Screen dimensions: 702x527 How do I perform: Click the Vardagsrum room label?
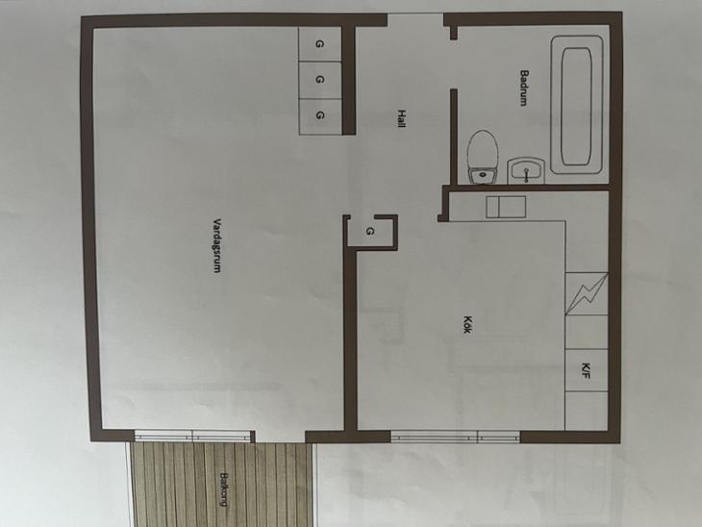[x=216, y=246]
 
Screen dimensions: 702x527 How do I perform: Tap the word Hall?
[x=402, y=118]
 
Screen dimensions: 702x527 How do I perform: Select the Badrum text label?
[x=524, y=88]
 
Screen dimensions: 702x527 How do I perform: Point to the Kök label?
[x=467, y=325]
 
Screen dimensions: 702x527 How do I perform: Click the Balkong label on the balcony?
[x=224, y=489]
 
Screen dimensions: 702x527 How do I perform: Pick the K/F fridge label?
[x=586, y=371]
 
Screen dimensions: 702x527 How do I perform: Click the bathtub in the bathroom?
[x=577, y=105]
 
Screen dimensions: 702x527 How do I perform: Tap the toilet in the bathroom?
[x=483, y=157]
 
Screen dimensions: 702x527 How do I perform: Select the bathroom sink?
[x=527, y=170]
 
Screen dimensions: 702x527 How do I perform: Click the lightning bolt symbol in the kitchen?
[x=587, y=293]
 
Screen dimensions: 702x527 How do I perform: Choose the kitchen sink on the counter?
[x=506, y=207]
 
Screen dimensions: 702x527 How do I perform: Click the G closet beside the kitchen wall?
[x=370, y=232]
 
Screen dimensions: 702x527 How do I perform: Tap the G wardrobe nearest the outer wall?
[x=319, y=44]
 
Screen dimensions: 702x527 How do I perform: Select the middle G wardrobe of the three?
[x=319, y=80]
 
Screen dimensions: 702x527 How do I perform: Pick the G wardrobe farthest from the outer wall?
[x=319, y=115]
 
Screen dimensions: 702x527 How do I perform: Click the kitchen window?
[x=455, y=437]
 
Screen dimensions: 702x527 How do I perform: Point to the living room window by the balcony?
[x=192, y=436]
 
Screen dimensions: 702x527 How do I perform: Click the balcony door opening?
[x=280, y=437]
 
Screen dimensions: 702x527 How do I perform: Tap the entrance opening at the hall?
[x=415, y=19]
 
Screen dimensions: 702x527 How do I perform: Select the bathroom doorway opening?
[x=454, y=64]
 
